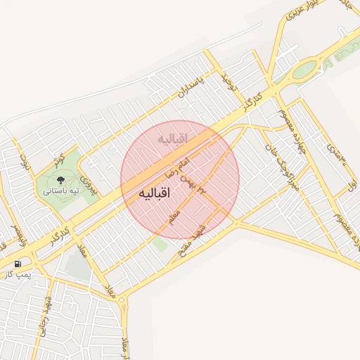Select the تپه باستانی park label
coord(60,191)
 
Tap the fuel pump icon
coord(16,264)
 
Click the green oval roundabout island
coord(305,70)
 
